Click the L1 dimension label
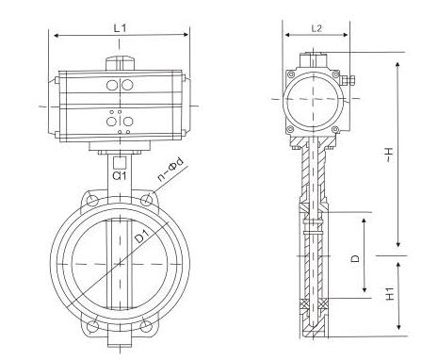coord(120,28)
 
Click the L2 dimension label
coord(316,28)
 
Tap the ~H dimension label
coord(389,155)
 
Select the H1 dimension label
coord(390,293)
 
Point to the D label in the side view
coord(355,258)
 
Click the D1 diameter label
coord(143,237)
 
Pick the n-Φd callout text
coord(170,170)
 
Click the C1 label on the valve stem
coord(120,176)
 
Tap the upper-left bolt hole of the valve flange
coord(91,200)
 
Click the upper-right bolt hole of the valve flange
coord(146,200)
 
